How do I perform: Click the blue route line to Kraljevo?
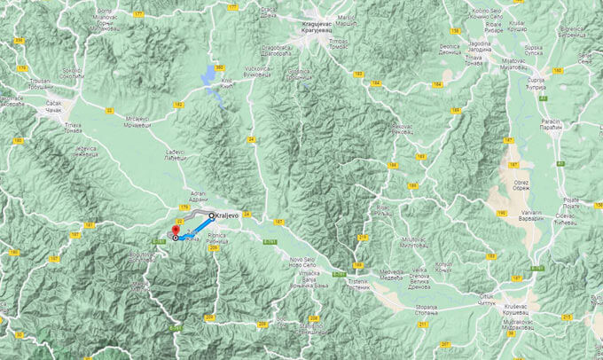pyautogui.click(x=194, y=227)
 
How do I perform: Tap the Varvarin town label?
pyautogui.click(x=532, y=214)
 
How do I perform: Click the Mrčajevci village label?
pyautogui.click(x=138, y=121)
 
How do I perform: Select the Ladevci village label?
pyautogui.click(x=176, y=154)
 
